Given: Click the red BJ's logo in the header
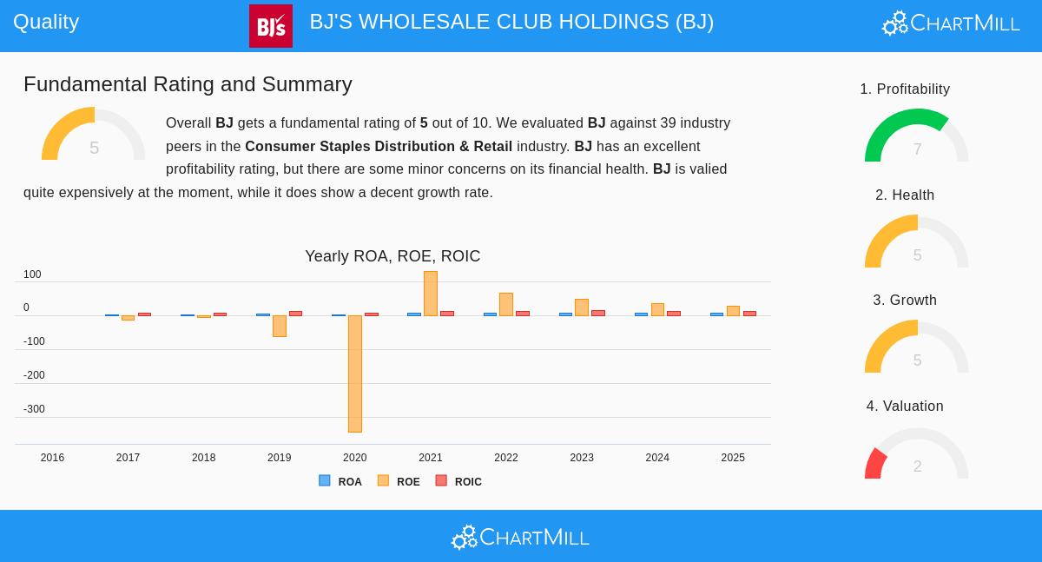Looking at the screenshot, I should (x=270, y=26).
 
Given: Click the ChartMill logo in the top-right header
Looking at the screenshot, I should (x=951, y=23).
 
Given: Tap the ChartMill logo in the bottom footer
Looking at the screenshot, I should (x=520, y=538).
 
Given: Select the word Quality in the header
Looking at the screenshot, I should (x=46, y=22).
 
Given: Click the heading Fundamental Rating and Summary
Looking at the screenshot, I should (x=188, y=84).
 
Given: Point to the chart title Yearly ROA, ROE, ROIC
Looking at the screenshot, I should (x=392, y=256).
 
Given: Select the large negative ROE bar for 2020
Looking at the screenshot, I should (x=354, y=374).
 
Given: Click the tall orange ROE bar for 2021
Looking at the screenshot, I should (x=430, y=294).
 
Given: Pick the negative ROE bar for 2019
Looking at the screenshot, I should (x=279, y=326).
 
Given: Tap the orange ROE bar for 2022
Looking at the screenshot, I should (x=505, y=304).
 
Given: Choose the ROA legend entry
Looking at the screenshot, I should (x=340, y=481).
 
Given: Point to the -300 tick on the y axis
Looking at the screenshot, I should (x=34, y=409).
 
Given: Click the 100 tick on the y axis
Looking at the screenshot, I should (x=32, y=274).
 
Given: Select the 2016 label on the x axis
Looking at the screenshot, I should (x=52, y=458).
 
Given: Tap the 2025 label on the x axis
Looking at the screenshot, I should (x=733, y=458).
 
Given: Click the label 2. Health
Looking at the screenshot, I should (x=905, y=195).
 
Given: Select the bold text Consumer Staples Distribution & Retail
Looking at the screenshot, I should (x=379, y=146).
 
